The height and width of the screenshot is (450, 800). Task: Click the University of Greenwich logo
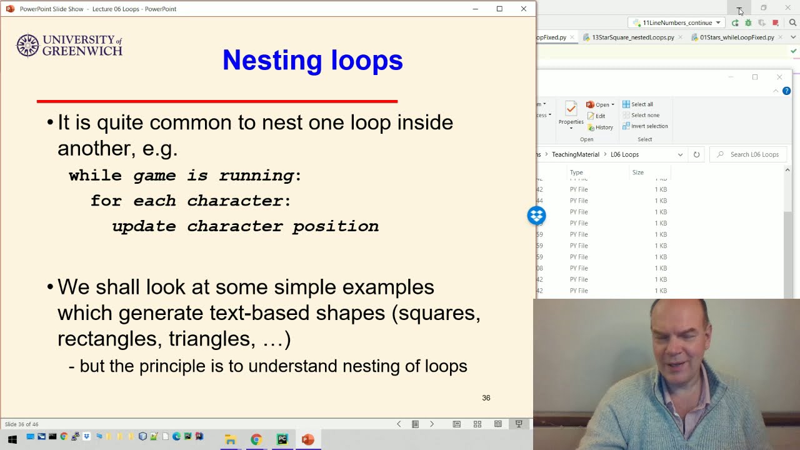pyautogui.click(x=69, y=46)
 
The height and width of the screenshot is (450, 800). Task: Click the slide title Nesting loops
pyautogui.click(x=312, y=60)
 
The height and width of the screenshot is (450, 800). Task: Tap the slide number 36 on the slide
pyautogui.click(x=486, y=398)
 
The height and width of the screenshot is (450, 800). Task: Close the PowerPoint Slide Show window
pyautogui.click(x=523, y=9)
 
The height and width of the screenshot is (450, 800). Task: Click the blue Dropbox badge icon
pyautogui.click(x=536, y=216)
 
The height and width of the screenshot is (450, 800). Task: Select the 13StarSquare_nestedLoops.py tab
pyautogui.click(x=632, y=37)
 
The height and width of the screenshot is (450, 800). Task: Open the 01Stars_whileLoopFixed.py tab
pyautogui.click(x=736, y=37)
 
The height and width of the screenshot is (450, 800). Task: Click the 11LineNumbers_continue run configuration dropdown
pyautogui.click(x=677, y=22)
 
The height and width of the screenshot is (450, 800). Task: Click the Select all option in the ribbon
pyautogui.click(x=641, y=104)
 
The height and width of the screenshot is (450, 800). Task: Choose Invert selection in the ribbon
pyautogui.click(x=649, y=126)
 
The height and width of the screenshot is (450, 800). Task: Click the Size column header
pyautogui.click(x=637, y=172)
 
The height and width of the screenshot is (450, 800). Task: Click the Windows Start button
pyautogui.click(x=12, y=439)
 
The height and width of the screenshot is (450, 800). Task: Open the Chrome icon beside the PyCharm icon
pyautogui.click(x=256, y=439)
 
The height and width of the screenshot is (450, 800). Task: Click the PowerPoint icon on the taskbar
pyautogui.click(x=307, y=439)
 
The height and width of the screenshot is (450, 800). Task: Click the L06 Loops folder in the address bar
pyautogui.click(x=624, y=154)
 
